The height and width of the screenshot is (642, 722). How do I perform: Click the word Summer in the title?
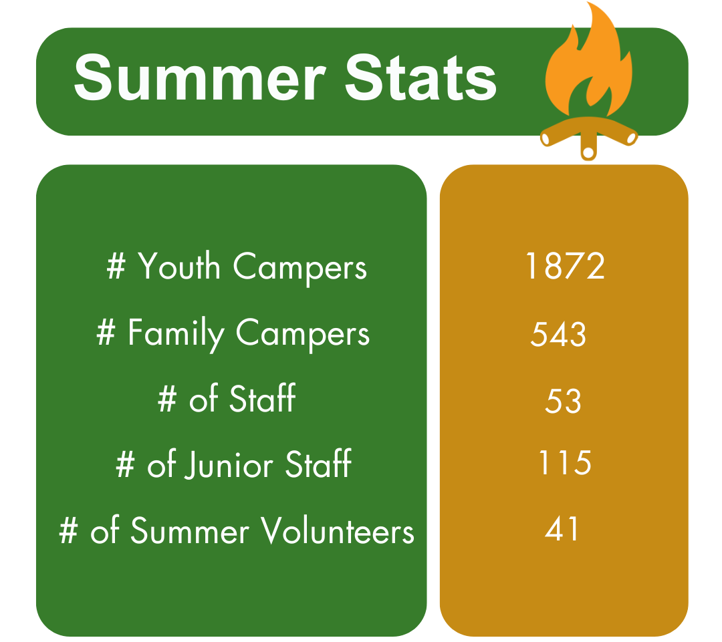tap(199, 77)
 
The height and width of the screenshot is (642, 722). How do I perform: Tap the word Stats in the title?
tap(421, 77)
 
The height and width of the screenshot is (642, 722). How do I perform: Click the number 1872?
tap(565, 266)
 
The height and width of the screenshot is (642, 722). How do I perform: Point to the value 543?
tap(558, 333)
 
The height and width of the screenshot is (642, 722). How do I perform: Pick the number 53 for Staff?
tap(563, 400)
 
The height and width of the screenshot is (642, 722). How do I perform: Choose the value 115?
tap(565, 462)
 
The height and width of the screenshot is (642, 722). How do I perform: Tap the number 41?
tap(562, 528)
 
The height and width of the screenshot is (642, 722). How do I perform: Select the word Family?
tap(176, 333)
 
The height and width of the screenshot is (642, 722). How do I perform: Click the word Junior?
tap(229, 465)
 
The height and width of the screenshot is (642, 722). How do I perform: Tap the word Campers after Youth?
tap(300, 269)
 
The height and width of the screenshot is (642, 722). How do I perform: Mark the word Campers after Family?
tap(303, 335)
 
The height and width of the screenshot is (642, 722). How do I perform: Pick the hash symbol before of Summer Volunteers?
tap(69, 530)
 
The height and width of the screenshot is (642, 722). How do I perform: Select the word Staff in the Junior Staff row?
tap(319, 464)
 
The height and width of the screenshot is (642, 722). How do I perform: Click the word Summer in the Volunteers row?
tap(190, 530)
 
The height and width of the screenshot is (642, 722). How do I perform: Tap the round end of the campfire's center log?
tap(588, 152)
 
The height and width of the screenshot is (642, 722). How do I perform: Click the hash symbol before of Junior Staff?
tap(126, 464)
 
